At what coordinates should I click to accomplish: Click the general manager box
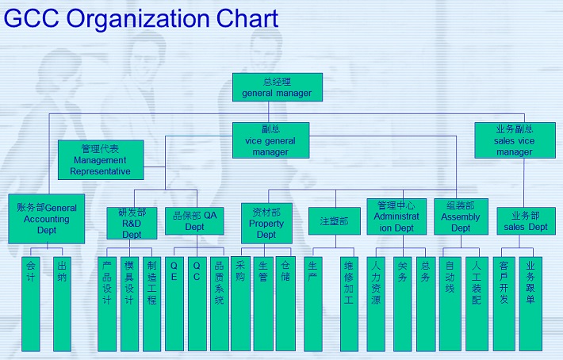278,87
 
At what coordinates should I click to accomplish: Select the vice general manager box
270,140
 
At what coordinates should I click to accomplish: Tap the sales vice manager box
515,140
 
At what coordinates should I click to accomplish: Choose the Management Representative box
101,159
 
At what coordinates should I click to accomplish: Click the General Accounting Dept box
46,219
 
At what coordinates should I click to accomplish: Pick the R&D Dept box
132,223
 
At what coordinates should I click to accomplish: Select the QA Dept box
194,221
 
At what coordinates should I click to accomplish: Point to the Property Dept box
266,224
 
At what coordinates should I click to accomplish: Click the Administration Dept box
396,216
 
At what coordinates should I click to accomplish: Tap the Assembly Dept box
461,216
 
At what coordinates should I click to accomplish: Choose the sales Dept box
526,221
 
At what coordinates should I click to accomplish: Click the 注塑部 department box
335,221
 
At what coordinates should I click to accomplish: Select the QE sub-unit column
174,304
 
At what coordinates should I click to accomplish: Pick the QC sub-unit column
197,304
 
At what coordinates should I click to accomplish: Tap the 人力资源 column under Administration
376,304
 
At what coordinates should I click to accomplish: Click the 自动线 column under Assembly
450,304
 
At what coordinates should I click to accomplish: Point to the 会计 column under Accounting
31,304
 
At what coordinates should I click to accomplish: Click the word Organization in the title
138,18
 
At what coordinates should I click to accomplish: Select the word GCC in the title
32,18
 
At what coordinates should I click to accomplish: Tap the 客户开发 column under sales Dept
504,304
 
